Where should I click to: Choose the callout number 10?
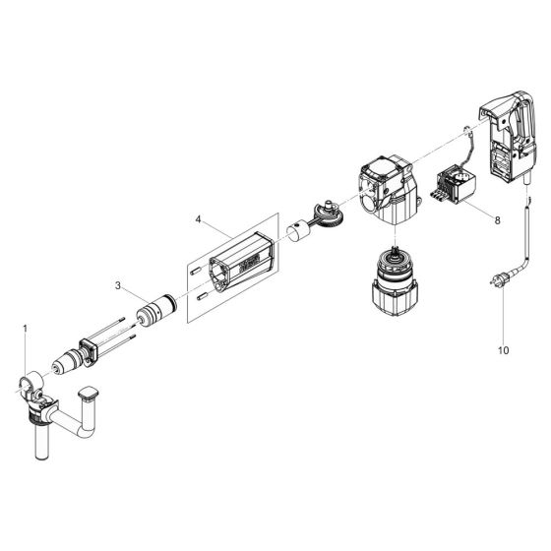pyautogui.click(x=503, y=348)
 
